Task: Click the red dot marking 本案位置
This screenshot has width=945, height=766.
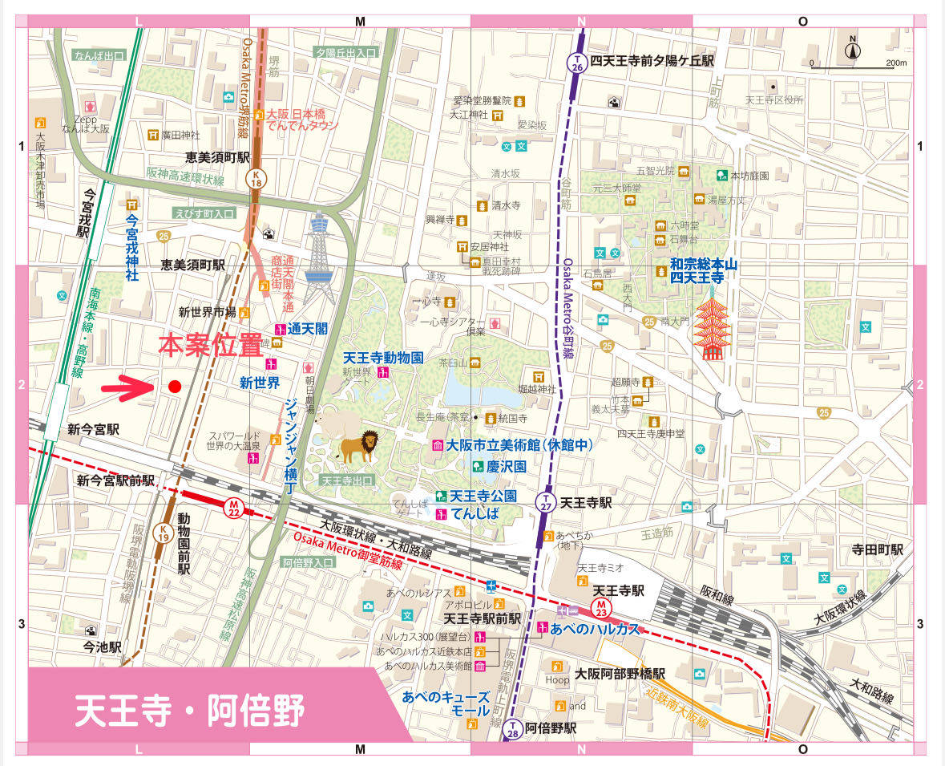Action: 175,387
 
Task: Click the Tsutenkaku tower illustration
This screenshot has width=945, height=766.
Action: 321,257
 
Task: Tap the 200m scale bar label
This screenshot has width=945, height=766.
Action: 895,63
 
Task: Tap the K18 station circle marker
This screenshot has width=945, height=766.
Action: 256,179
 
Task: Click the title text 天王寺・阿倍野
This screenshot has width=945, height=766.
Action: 190,710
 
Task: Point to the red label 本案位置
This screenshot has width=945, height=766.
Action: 210,345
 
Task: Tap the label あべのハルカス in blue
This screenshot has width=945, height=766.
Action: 595,629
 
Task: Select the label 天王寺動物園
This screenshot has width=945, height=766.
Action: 382,358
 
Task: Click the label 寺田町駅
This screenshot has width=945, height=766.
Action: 877,549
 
